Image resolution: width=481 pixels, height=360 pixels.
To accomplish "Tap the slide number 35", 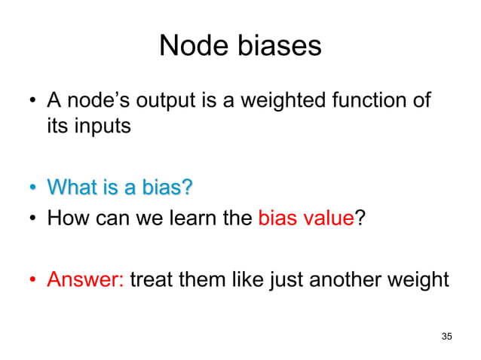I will click(447, 335).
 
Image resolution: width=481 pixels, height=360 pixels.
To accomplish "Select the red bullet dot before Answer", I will click(32, 282).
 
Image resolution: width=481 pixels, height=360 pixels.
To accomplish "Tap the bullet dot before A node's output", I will click(32, 101).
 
